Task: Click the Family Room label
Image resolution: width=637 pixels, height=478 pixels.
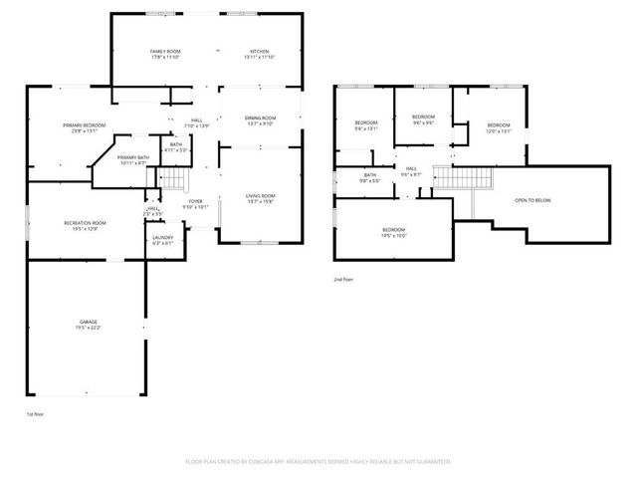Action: click(x=165, y=54)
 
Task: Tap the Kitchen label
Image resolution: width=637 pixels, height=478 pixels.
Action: click(x=256, y=54)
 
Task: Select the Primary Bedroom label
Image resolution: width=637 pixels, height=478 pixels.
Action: click(x=84, y=127)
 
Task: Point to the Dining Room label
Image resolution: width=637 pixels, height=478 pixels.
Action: click(x=260, y=121)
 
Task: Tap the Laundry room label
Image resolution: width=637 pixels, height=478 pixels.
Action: click(x=162, y=240)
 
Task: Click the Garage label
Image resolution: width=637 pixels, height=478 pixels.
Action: click(x=89, y=325)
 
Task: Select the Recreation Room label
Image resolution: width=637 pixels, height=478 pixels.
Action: click(x=85, y=226)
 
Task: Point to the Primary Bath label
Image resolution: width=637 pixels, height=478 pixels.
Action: click(x=132, y=160)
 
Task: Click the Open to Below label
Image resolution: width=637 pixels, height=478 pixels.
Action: click(x=532, y=200)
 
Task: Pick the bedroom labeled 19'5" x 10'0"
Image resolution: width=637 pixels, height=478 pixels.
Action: click(x=393, y=234)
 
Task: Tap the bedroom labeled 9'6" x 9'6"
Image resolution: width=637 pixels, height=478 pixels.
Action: click(x=424, y=119)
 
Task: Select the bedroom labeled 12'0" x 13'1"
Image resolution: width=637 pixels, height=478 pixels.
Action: click(x=498, y=127)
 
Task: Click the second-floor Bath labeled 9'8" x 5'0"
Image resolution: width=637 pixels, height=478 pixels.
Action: click(x=355, y=178)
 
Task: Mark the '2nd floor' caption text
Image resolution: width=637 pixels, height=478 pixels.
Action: click(x=343, y=280)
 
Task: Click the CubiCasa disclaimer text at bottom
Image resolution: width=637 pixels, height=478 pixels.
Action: click(x=318, y=462)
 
